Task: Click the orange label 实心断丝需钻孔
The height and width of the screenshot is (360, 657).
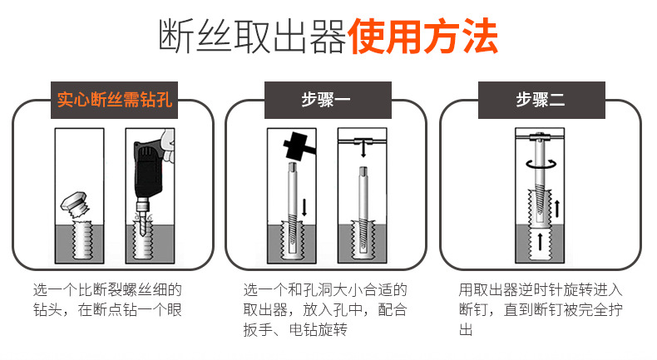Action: click(114, 101)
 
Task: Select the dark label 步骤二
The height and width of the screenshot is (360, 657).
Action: click(540, 101)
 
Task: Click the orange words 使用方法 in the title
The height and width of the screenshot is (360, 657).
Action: click(423, 37)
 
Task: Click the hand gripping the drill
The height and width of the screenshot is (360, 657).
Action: click(167, 150)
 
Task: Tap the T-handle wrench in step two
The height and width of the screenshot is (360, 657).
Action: click(540, 136)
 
